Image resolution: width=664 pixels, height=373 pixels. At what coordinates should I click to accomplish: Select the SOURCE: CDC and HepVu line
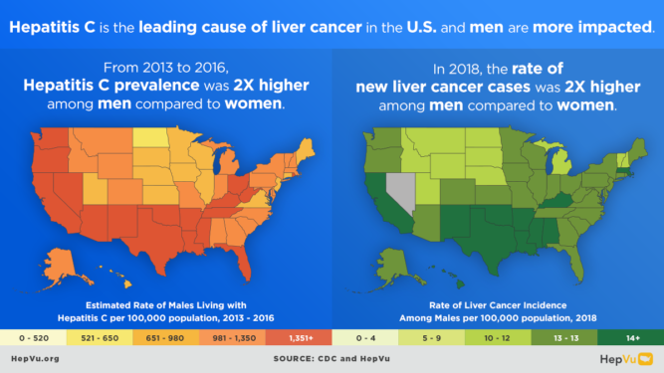click(x=332, y=358)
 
